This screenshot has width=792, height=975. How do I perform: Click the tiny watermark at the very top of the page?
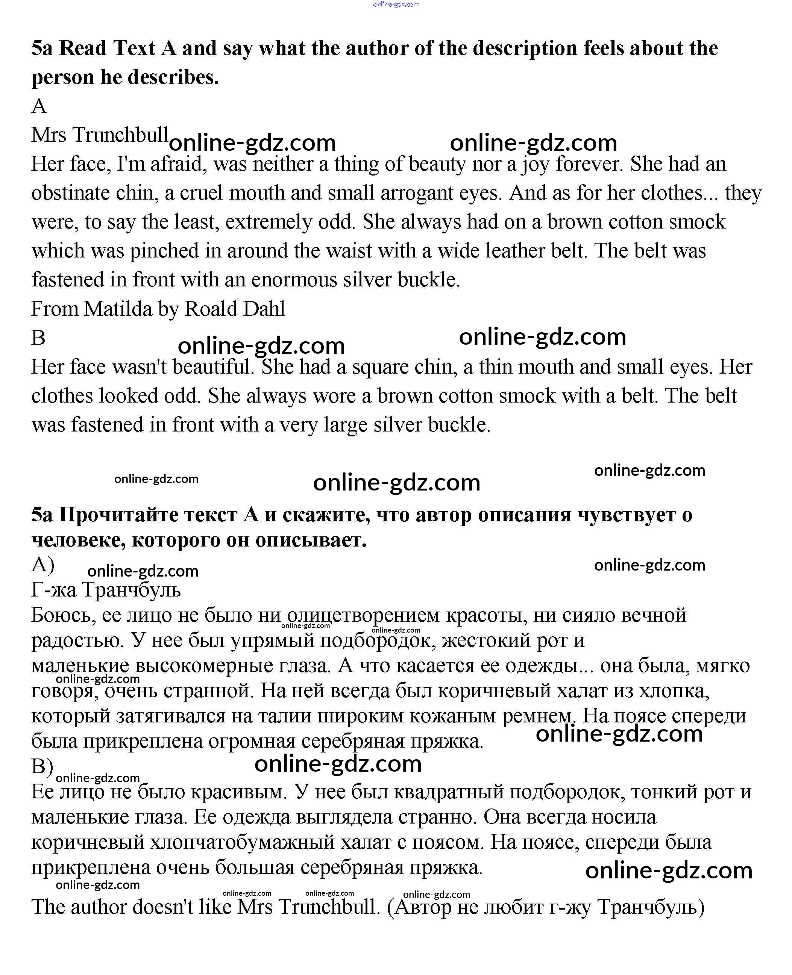396,5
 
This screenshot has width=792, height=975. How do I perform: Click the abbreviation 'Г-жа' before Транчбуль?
53,590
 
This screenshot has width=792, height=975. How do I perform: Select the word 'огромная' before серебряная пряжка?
252,741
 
